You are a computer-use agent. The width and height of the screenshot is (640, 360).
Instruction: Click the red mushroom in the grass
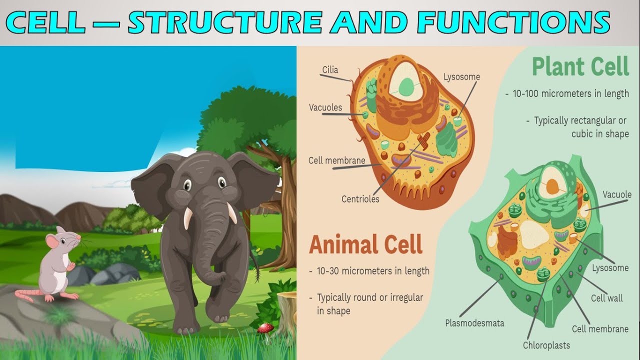[265, 328]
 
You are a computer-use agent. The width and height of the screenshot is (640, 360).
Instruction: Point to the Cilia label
[330, 70]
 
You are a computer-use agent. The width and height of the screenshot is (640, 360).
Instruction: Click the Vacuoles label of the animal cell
[325, 107]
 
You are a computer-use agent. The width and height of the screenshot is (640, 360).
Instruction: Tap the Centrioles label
[360, 199]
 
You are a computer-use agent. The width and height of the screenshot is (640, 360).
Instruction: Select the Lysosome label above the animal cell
[461, 77]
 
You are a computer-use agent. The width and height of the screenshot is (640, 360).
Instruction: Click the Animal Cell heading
[366, 244]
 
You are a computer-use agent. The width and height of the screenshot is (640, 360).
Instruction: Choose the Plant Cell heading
[580, 67]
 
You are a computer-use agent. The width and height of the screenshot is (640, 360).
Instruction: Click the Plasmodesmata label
[474, 323]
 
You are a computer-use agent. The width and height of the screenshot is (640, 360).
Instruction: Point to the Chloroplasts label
[546, 345]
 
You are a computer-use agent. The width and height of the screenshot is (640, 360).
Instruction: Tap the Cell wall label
[607, 298]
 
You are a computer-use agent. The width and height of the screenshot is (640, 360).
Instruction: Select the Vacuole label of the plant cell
[617, 194]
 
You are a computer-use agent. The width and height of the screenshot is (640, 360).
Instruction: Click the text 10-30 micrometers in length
[373, 271]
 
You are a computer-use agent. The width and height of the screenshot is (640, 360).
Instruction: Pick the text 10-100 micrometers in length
[570, 93]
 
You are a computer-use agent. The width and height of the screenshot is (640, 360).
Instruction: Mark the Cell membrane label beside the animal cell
[337, 160]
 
